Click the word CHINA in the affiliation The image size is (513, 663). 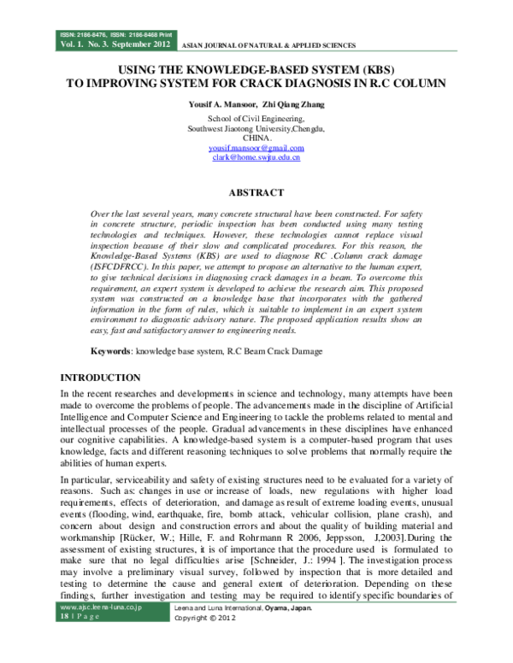pos(256,138)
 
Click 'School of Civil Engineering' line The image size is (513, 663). pos(256,119)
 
